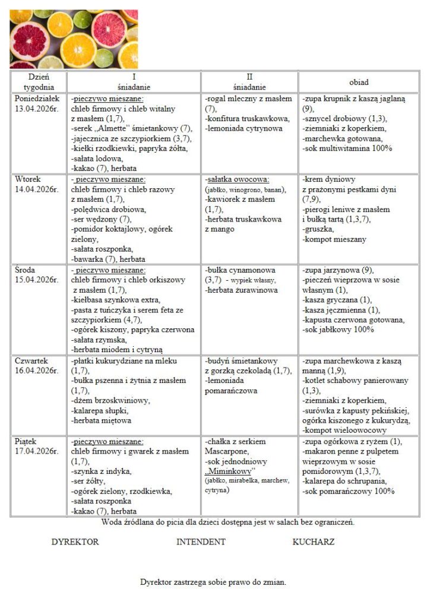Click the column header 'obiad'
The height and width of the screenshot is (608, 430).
tap(359, 81)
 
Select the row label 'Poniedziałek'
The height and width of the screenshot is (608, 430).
tap(36, 99)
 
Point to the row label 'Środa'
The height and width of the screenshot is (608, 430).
tap(25, 270)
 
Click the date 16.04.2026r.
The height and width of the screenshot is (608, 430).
tap(36, 371)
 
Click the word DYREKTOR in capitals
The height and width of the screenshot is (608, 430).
tap(75, 541)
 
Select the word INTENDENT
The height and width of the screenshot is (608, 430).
tap(201, 541)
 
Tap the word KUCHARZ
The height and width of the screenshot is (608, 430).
tap(313, 541)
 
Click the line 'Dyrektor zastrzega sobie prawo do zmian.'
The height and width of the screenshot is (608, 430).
tap(213, 582)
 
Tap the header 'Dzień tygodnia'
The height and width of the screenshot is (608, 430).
tap(39, 81)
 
